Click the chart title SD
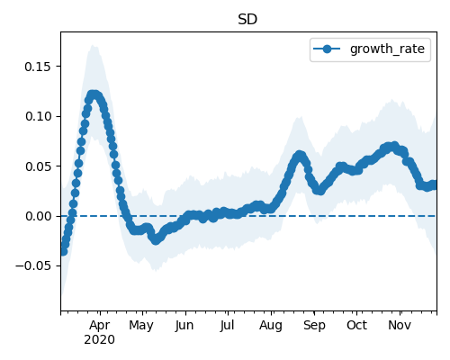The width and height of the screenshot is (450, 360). [x=247, y=20]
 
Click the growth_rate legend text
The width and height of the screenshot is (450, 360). [x=387, y=49]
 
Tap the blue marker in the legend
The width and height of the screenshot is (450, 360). [x=327, y=49]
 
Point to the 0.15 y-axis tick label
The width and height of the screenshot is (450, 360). [x=38, y=67]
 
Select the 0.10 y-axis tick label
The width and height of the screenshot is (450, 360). [x=38, y=116]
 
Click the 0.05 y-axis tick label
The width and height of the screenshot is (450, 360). [x=38, y=166]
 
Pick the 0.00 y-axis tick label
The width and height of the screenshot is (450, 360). [x=38, y=216]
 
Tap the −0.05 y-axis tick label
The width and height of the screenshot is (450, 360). [x=33, y=266]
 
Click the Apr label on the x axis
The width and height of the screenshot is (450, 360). [x=100, y=326]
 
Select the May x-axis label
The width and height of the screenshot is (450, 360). [x=141, y=326]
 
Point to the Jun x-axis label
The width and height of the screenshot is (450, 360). [x=184, y=326]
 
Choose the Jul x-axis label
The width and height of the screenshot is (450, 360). [x=227, y=326]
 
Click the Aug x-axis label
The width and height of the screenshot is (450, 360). [x=271, y=326]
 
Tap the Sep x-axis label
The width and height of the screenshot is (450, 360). [x=314, y=326]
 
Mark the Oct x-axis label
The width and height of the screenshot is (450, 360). [x=356, y=326]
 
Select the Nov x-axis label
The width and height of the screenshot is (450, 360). [x=400, y=326]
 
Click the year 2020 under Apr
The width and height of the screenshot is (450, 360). [x=99, y=340]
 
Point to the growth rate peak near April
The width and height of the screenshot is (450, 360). [x=94, y=95]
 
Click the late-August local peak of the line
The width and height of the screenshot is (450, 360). [x=300, y=156]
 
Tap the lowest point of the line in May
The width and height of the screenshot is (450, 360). [x=156, y=240]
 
